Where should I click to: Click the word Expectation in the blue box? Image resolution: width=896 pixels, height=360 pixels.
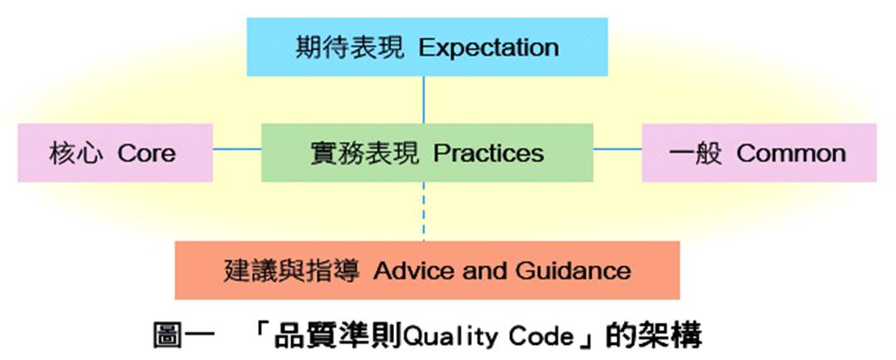pos(489,48)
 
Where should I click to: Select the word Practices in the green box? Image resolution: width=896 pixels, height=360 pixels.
pos(489,153)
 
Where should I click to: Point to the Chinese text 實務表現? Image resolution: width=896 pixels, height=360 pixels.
pos(364,153)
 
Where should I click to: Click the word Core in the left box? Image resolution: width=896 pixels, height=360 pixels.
pos(146,153)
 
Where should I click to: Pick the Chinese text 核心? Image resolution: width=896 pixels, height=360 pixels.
pos(76,153)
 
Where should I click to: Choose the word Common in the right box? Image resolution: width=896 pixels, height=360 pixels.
pos(791,153)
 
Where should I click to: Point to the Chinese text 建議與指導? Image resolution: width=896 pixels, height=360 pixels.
pos(291,270)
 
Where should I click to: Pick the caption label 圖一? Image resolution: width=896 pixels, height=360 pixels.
pos(183,336)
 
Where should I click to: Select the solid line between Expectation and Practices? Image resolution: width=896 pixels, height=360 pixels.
pos(423,100)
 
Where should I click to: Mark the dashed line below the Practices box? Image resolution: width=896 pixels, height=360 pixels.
pos(423,212)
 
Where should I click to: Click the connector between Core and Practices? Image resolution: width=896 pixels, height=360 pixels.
pos(237,149)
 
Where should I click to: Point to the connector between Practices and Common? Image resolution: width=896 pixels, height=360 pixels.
pos(618,149)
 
